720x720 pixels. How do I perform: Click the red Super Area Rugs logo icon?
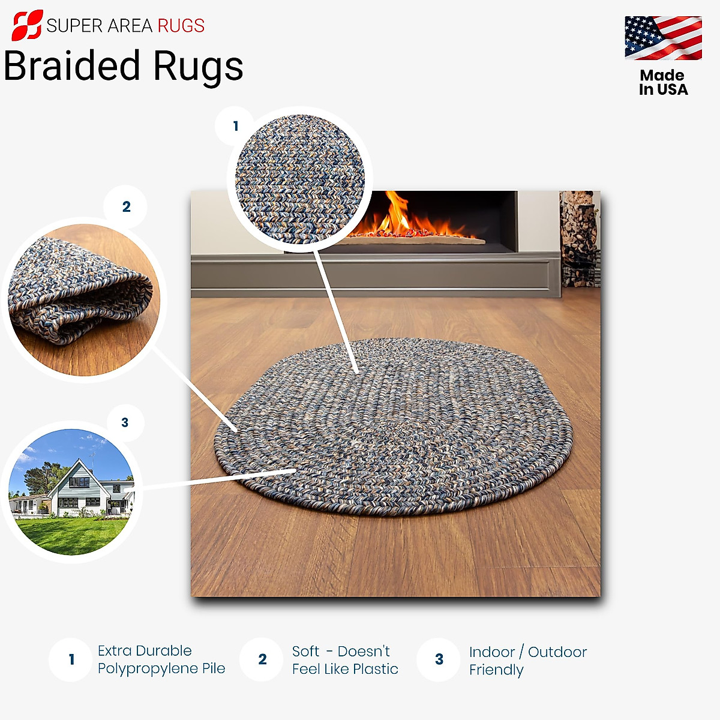(27, 25)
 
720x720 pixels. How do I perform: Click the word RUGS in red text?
(181, 26)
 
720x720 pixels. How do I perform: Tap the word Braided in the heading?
(72, 66)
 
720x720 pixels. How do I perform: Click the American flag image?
(663, 38)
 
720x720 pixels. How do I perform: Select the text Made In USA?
(663, 83)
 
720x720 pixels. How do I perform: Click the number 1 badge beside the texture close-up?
(235, 126)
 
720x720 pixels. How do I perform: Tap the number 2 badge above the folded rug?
(126, 207)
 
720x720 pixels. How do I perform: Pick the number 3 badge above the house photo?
(125, 422)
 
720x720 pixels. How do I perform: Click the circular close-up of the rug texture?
(299, 178)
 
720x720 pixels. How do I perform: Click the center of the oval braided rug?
(393, 426)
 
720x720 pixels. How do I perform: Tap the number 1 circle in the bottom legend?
(71, 659)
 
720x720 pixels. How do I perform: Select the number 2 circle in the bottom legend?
(262, 659)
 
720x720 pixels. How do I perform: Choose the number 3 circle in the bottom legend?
(439, 659)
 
